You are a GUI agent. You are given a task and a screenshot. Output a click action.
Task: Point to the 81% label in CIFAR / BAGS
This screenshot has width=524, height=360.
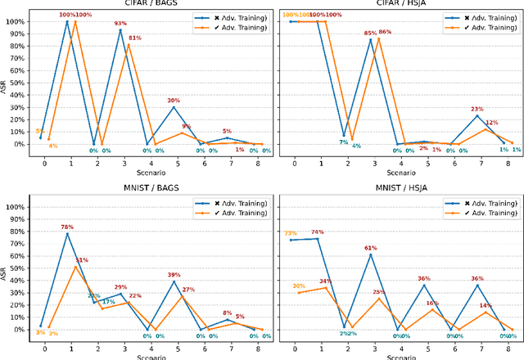135,38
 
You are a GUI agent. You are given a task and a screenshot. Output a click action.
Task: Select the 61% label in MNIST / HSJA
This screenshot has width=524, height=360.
370,248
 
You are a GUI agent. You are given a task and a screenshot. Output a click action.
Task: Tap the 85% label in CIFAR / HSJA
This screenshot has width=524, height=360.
370,34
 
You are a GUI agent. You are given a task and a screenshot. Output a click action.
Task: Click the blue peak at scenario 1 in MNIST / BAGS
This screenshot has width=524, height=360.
67,234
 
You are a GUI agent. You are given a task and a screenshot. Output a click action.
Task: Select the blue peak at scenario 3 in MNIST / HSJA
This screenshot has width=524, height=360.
370,254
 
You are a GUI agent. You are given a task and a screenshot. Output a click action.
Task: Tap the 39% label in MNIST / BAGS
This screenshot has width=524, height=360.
174,275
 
